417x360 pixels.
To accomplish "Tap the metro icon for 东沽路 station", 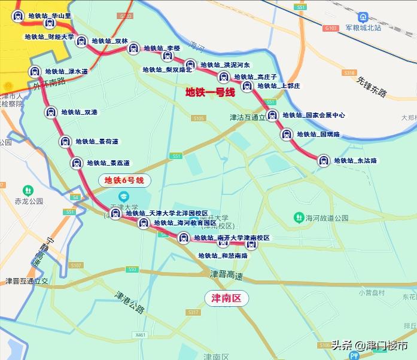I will click(x=324, y=160).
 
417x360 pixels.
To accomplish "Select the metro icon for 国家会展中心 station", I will click(x=272, y=115).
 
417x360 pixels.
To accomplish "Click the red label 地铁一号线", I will click(x=210, y=92).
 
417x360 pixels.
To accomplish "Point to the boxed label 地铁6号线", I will click(x=124, y=180).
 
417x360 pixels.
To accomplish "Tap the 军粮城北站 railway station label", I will click(x=371, y=28).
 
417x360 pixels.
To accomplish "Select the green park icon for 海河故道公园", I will click(x=297, y=218).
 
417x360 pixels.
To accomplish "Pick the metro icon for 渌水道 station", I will click(x=35, y=71).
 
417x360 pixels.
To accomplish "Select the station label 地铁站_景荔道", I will click(x=108, y=163).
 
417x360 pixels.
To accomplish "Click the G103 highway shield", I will click(x=330, y=28).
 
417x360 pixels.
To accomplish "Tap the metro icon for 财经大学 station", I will click(x=82, y=41).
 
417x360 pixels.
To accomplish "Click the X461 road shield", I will click(x=141, y=335).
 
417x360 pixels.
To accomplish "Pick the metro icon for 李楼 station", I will click(x=133, y=48).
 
